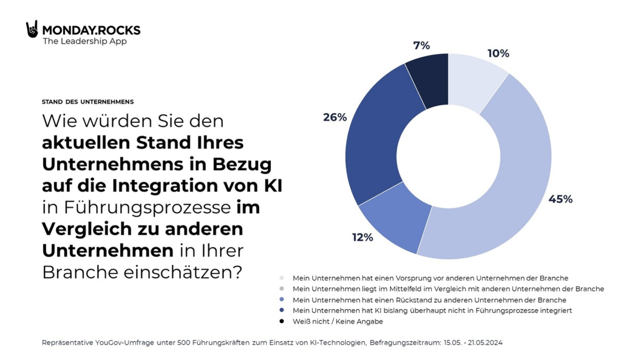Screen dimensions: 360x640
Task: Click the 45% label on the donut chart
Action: pos(560,199)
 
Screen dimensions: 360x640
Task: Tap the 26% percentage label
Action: pos(335,117)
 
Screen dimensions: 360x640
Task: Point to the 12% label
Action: pos(362,238)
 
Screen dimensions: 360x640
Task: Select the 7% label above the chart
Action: pos(421,46)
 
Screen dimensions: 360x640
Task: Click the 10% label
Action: pos(498,54)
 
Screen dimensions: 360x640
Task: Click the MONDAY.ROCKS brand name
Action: pos(91,30)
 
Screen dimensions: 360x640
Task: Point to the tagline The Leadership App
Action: pos(85,42)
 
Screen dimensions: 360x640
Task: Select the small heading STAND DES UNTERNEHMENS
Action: pos(88,101)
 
